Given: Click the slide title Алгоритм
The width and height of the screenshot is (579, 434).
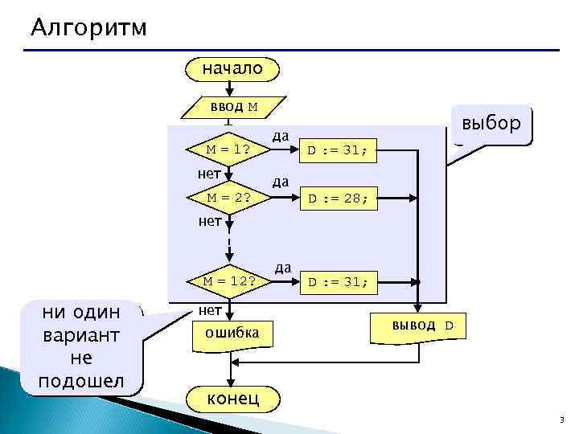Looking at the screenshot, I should coord(89,28).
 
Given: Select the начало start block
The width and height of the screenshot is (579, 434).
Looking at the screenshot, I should coord(232,69).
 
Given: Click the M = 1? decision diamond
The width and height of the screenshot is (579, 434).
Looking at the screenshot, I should coord(228,149).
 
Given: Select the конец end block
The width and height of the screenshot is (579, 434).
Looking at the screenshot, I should coord(233,398).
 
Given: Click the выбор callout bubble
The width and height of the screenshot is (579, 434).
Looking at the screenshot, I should coord(491,125).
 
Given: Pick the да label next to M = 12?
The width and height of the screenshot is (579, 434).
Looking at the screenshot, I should coord(282,267).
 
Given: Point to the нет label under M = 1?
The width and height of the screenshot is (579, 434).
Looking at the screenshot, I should coord(210,173).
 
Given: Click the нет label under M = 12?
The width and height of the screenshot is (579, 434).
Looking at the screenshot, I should coord(210,309).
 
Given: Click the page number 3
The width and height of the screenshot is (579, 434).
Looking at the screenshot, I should coord(561,421).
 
